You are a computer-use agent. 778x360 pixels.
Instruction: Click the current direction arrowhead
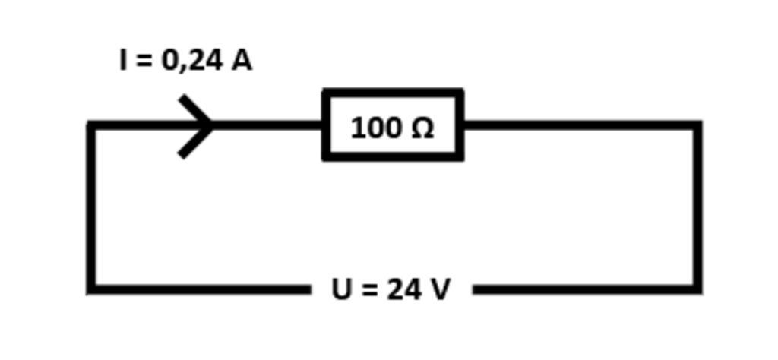click(x=199, y=126)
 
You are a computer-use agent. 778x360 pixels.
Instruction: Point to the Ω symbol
click(x=422, y=128)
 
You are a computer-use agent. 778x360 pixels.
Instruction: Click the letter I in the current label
click(x=124, y=60)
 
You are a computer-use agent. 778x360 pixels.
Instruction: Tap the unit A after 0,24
click(x=241, y=60)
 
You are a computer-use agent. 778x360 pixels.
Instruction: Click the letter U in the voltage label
click(x=342, y=289)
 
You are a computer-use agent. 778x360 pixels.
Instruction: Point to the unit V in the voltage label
click(x=440, y=289)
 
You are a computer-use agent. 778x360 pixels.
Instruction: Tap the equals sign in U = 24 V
click(x=370, y=290)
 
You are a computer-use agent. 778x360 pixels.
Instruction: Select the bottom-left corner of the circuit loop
click(x=91, y=289)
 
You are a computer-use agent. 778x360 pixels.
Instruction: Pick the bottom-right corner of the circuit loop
click(x=697, y=289)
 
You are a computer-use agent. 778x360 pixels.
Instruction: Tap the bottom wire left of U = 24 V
click(x=198, y=289)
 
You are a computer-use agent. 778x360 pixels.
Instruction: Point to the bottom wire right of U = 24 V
click(x=585, y=289)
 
